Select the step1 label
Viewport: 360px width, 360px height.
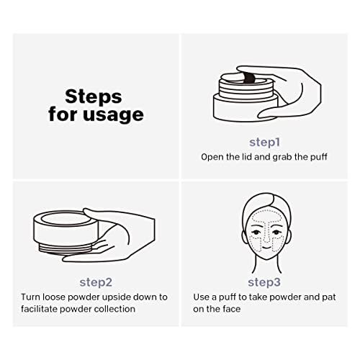tap(264, 141)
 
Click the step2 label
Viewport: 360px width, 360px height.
tap(94, 282)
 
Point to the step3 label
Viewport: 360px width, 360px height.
tap(264, 282)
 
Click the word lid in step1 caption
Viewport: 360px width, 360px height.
tap(254, 156)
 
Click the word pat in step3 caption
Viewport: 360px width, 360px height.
tap(327, 297)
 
